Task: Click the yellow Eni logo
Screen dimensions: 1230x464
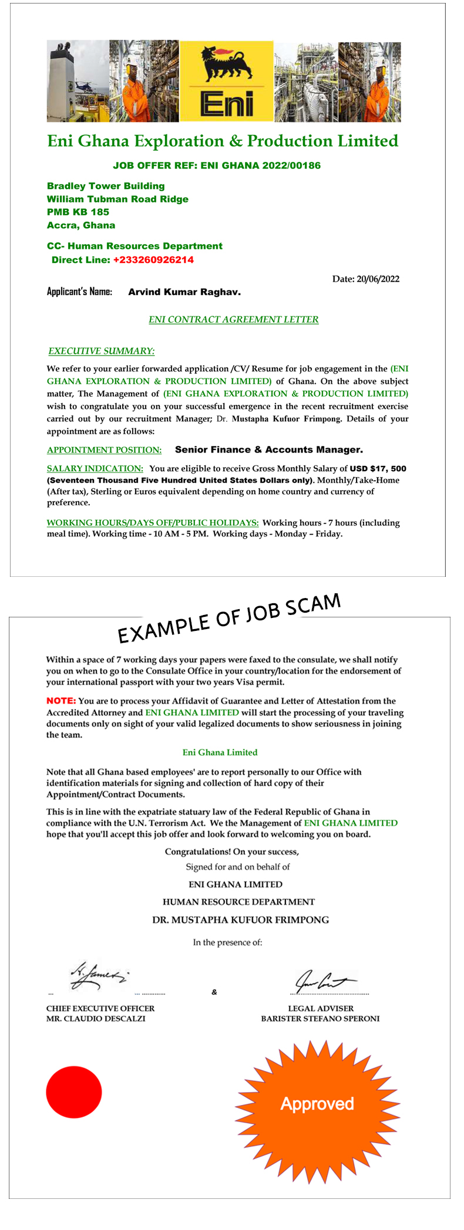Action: pyautogui.click(x=226, y=81)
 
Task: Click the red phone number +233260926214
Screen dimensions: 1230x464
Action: pyautogui.click(x=153, y=260)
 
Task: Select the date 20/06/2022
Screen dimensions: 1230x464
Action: pyautogui.click(x=378, y=279)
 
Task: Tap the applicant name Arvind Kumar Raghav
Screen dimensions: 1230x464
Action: pyautogui.click(x=184, y=292)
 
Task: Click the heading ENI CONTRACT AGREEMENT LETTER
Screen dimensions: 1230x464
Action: pyautogui.click(x=233, y=320)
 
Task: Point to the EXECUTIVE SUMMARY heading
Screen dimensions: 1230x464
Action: pyautogui.click(x=101, y=351)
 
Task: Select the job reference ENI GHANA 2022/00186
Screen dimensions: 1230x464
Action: pyautogui.click(x=261, y=165)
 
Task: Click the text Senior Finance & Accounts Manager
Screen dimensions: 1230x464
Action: pyautogui.click(x=268, y=450)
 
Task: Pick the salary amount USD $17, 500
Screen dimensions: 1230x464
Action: pyautogui.click(x=378, y=469)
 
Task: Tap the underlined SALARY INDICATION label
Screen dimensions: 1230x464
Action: pyautogui.click(x=95, y=469)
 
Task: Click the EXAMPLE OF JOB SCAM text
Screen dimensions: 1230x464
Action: pyautogui.click(x=229, y=618)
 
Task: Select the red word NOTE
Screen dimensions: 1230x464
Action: pyautogui.click(x=61, y=701)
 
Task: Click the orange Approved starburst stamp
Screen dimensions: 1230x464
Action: pyautogui.click(x=317, y=1104)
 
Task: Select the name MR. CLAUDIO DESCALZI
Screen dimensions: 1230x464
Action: pyautogui.click(x=96, y=1019)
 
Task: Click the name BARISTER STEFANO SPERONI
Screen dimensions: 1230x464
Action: pyautogui.click(x=320, y=1019)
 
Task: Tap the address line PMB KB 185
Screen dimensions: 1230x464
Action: pyautogui.click(x=78, y=212)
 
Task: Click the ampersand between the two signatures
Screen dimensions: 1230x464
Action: pyautogui.click(x=214, y=992)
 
